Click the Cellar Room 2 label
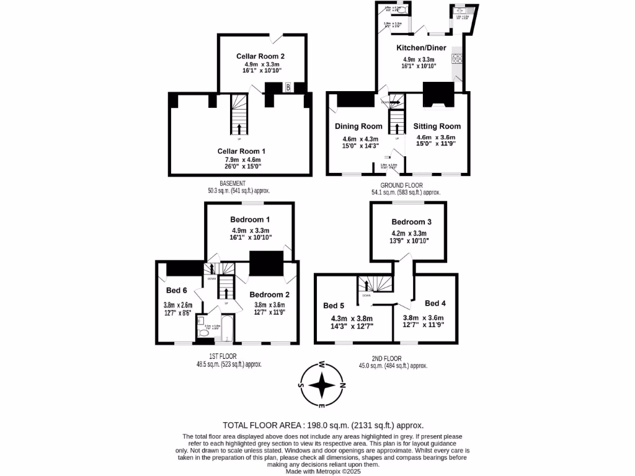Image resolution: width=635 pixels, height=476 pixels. (x=260, y=56)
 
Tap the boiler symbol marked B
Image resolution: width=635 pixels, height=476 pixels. (x=288, y=87)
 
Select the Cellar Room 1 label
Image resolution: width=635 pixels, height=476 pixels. (x=241, y=151)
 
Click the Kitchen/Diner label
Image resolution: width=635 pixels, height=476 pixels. (x=421, y=48)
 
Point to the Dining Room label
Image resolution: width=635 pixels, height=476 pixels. (x=358, y=126)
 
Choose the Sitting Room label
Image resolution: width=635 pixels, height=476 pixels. (x=437, y=126)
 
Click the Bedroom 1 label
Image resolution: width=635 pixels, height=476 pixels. (x=250, y=219)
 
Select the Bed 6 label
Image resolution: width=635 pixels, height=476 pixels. (x=177, y=290)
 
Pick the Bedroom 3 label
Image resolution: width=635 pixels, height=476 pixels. (x=411, y=222)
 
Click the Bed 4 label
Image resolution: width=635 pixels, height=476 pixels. (x=435, y=303)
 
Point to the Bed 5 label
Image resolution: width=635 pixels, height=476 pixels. (x=334, y=305)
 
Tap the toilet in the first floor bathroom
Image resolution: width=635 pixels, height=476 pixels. (x=203, y=332)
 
